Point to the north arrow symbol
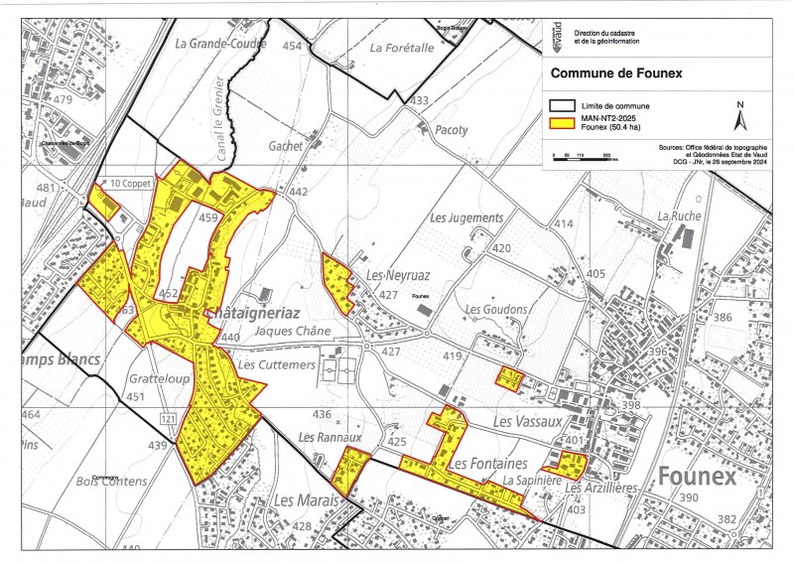point(738,117)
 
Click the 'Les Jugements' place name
point(467,217)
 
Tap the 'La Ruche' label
point(679,215)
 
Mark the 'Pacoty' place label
point(452,130)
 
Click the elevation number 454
point(291,47)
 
